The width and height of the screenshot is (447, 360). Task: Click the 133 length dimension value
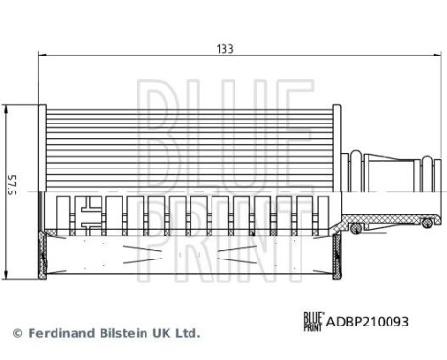click(224, 46)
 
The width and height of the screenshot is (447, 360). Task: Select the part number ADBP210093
click(370, 323)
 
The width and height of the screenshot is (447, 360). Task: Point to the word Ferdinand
click(58, 334)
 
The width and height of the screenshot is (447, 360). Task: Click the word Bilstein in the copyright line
click(123, 334)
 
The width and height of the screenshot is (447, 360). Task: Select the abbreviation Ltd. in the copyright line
click(188, 334)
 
